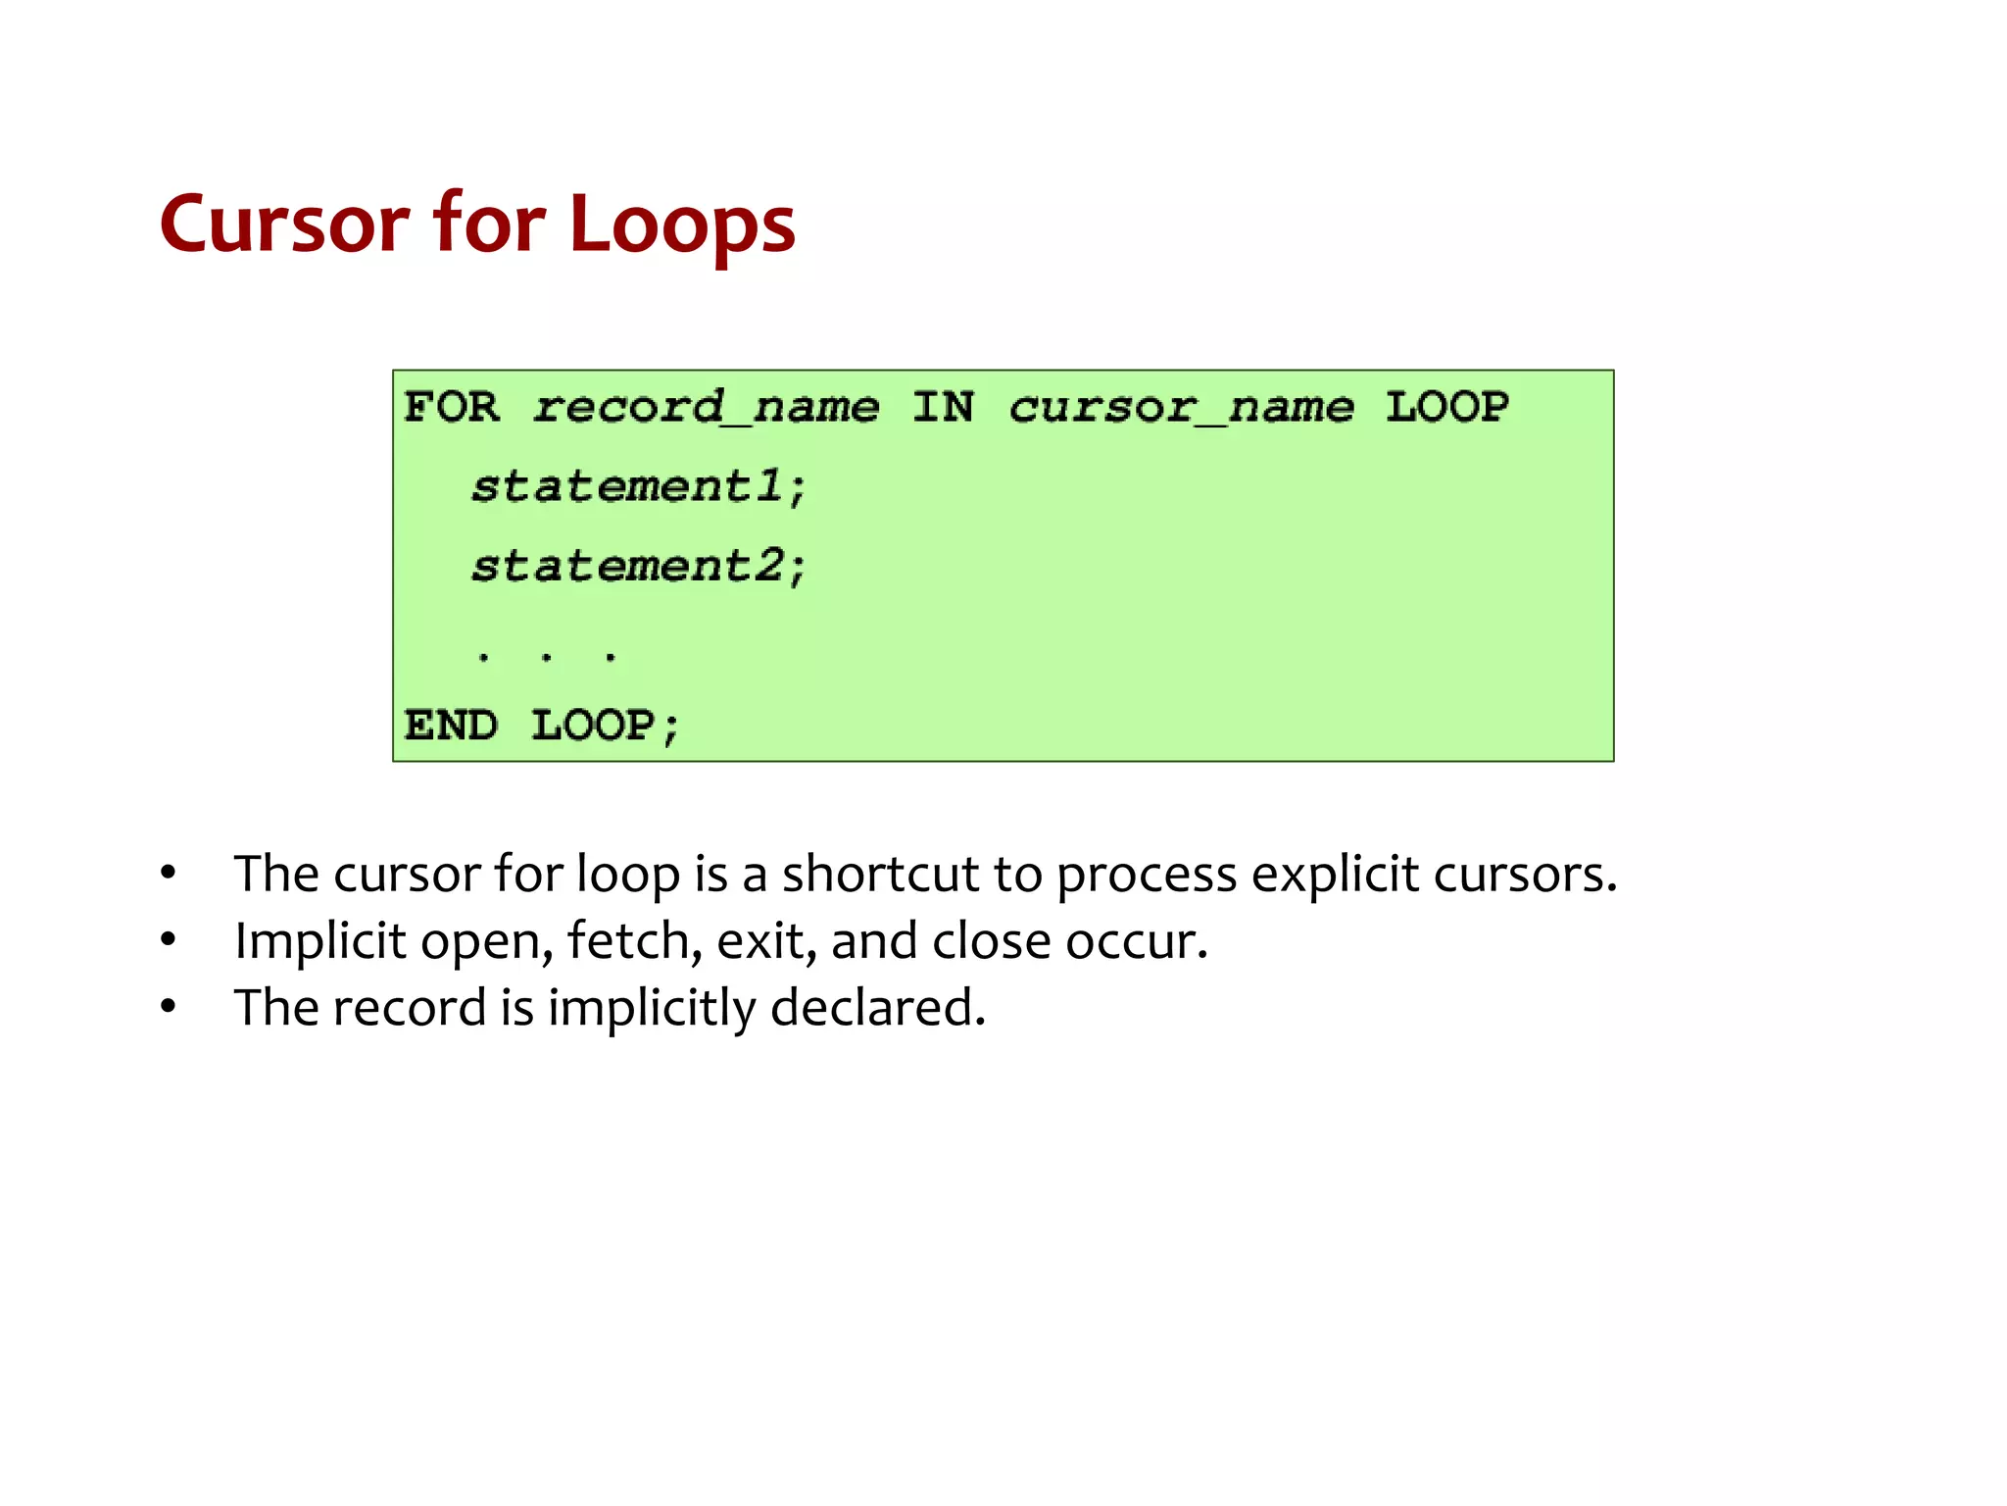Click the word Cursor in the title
pos(284,225)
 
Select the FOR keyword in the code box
pos(452,407)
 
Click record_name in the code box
pos(706,407)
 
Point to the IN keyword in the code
pos(943,407)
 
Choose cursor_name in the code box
pos(1181,407)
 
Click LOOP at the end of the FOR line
pos(1446,407)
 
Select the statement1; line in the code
pos(638,486)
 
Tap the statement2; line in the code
pos(638,566)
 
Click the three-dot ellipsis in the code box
pos(546,655)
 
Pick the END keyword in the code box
pos(451,726)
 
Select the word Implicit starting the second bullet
pos(319,942)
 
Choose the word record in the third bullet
pos(410,1008)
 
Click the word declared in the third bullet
pos(877,1008)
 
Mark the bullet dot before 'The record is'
pos(169,1006)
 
